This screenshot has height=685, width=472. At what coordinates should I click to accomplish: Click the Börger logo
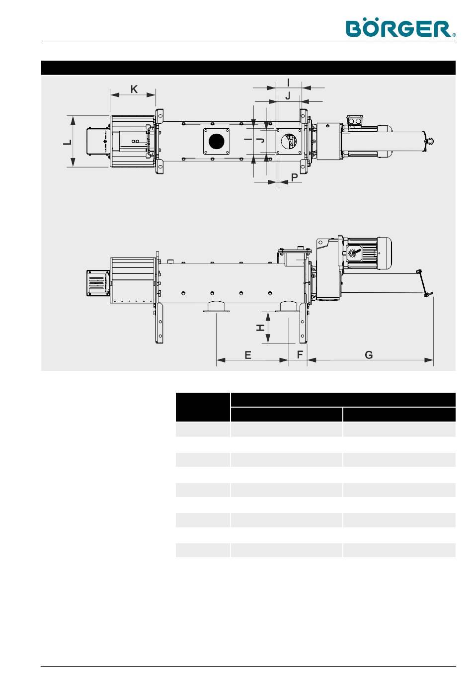(400, 28)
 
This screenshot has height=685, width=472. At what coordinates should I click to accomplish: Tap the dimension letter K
(134, 89)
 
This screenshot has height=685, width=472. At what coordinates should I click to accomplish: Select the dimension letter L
(68, 142)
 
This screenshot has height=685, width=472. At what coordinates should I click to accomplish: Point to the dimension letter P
(294, 177)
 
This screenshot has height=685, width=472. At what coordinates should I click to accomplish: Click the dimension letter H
(260, 328)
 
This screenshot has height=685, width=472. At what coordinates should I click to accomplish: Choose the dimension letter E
(247, 355)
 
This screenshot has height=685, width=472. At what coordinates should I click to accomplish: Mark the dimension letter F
(300, 355)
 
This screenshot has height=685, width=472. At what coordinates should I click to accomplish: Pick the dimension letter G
(369, 355)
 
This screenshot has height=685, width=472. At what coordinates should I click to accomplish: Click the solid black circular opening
(217, 141)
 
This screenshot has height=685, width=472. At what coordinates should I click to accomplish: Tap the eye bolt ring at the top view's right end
(429, 141)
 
